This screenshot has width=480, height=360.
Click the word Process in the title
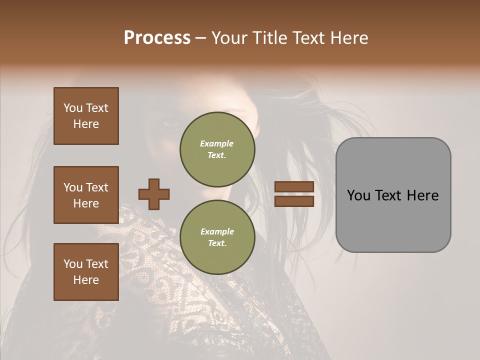[157, 37]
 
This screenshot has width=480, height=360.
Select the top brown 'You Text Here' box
[86, 116]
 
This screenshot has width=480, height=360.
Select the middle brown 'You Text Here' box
[86, 195]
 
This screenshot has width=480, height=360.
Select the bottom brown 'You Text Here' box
[86, 272]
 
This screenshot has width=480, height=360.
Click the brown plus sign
[154, 194]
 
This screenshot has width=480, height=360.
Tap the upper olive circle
[217, 149]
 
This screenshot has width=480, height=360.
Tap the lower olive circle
[217, 237]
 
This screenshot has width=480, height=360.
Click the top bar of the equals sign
[294, 187]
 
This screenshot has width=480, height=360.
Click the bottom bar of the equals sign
[294, 201]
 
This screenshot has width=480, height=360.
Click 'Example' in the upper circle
[217, 143]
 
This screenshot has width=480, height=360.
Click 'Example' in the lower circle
[217, 231]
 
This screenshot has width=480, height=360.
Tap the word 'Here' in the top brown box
[86, 124]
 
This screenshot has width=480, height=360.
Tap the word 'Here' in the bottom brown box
[86, 280]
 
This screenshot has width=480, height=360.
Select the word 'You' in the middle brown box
[73, 187]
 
